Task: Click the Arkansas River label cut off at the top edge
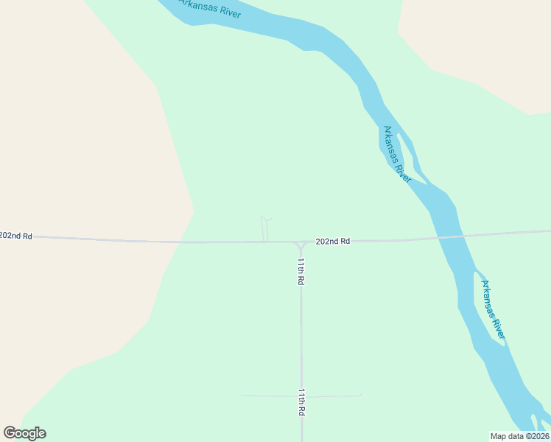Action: click(211, 9)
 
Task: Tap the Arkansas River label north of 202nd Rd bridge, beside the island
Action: click(396, 154)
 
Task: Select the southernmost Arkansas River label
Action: click(494, 309)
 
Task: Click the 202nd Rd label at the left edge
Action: click(16, 236)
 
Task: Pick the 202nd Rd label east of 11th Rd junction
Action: click(332, 241)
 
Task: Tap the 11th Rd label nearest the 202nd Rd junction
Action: click(301, 271)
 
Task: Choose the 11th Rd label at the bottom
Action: click(301, 402)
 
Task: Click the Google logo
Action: click(25, 433)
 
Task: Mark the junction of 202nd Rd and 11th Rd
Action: click(301, 242)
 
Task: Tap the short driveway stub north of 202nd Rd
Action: click(264, 228)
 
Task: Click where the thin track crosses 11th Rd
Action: click(301, 396)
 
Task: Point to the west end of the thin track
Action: click(242, 396)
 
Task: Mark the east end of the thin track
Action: click(361, 395)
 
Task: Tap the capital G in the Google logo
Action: click(10, 432)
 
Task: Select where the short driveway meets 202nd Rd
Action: click(266, 241)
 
